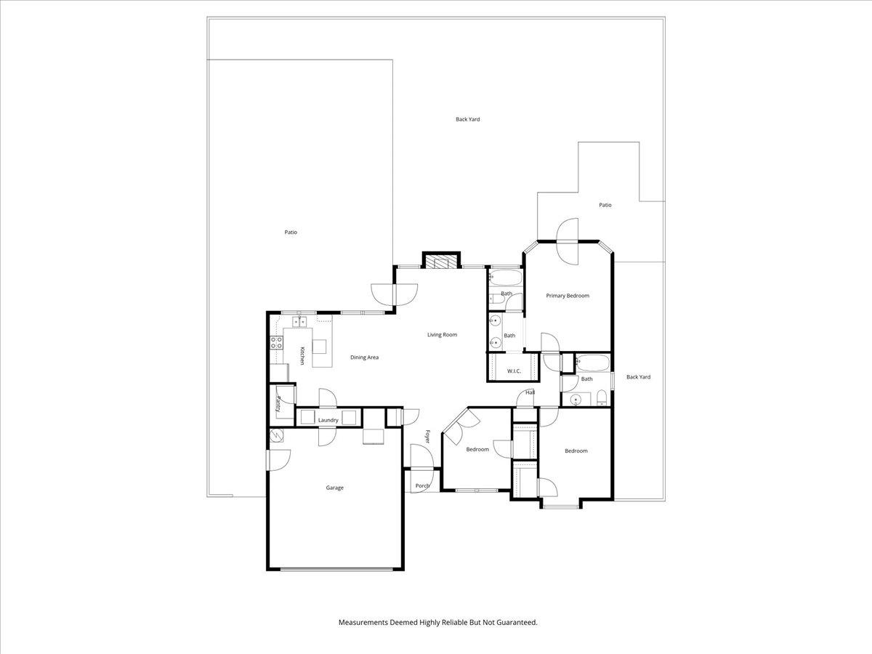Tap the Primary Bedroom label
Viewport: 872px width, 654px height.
pyautogui.click(x=568, y=296)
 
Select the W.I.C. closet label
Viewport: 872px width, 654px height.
pyautogui.click(x=514, y=371)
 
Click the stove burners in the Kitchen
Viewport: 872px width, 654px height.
pyautogui.click(x=276, y=342)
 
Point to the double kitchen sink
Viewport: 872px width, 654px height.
pyautogui.click(x=302, y=320)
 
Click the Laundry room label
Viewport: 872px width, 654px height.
pyautogui.click(x=328, y=420)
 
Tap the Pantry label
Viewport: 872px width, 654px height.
pyautogui.click(x=278, y=403)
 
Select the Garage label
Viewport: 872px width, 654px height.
pyautogui.click(x=334, y=488)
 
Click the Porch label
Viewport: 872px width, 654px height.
pyautogui.click(x=422, y=485)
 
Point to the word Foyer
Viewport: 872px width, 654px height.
pyautogui.click(x=428, y=437)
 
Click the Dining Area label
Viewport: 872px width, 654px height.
pyautogui.click(x=364, y=357)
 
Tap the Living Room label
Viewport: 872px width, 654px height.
pyautogui.click(x=442, y=334)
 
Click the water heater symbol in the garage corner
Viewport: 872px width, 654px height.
pyautogui.click(x=276, y=435)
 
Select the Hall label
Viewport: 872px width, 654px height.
pyautogui.click(x=530, y=392)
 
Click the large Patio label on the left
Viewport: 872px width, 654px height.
pyautogui.click(x=291, y=233)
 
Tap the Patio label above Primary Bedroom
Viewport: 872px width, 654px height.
pyautogui.click(x=605, y=205)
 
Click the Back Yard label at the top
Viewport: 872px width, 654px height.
pyautogui.click(x=467, y=119)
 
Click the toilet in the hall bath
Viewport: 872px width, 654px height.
pyautogui.click(x=601, y=397)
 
